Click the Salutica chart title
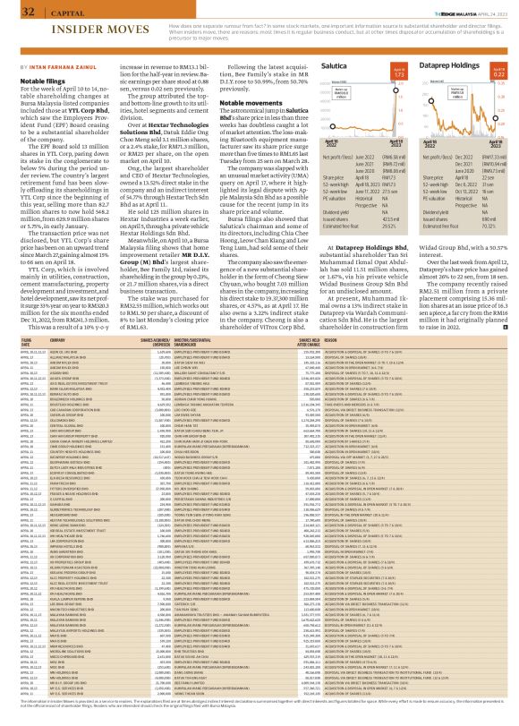(x=336, y=66)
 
